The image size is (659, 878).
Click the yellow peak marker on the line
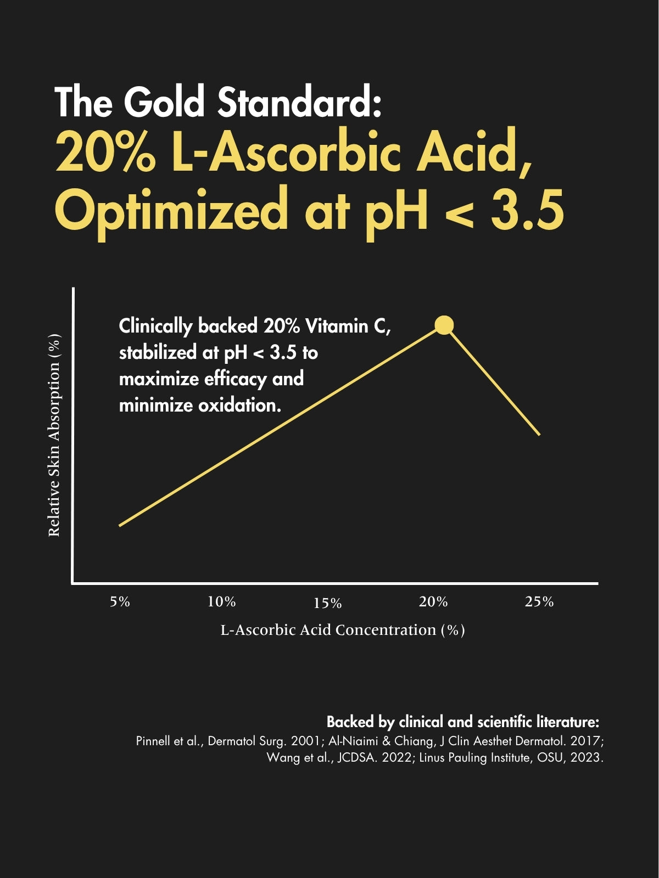(x=444, y=325)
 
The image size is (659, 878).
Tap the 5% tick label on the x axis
(x=120, y=602)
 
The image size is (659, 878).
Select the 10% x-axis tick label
(x=221, y=602)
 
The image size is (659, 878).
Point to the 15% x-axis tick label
(x=328, y=604)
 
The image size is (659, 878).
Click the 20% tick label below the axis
(x=433, y=602)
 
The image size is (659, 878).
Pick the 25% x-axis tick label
(x=539, y=602)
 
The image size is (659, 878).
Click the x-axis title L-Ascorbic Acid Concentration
(x=343, y=630)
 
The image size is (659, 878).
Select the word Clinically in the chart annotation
(x=155, y=327)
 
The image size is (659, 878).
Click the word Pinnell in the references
(x=153, y=741)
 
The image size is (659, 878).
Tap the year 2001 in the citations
(x=305, y=741)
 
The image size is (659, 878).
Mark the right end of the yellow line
(x=539, y=435)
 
